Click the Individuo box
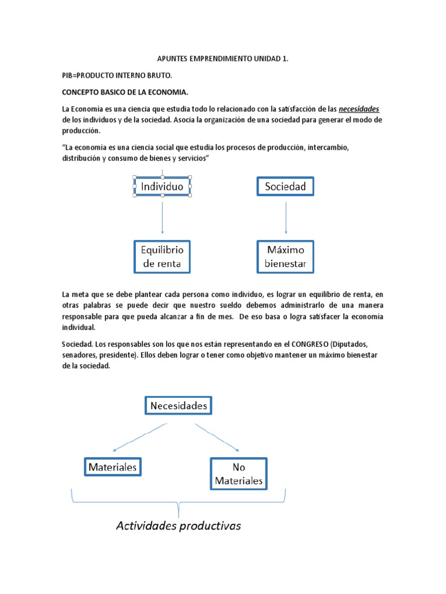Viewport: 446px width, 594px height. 162,187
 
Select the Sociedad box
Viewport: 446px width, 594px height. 285,187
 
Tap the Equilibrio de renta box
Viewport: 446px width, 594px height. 162,257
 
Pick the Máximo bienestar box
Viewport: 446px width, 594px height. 285,257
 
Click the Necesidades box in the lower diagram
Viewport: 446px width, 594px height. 178,406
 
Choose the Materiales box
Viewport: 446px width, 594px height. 113,466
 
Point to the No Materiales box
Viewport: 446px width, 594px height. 238,473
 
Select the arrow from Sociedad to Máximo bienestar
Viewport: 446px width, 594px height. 285,218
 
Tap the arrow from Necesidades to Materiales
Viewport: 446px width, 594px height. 139,437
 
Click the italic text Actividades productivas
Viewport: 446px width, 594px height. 178,526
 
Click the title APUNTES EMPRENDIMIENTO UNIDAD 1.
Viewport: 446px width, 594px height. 222,60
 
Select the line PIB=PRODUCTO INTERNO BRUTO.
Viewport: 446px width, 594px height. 117,76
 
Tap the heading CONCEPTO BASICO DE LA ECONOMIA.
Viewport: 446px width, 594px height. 125,93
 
